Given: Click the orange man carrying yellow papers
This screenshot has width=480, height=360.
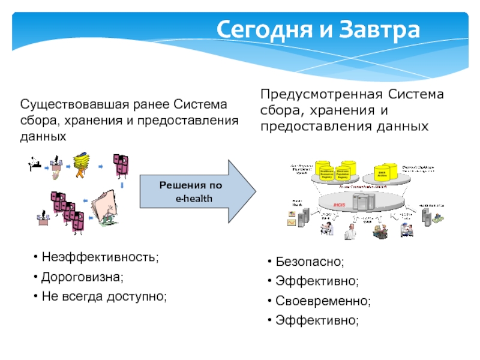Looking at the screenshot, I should coord(80,165).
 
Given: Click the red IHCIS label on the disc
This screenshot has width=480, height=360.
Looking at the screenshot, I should coord(340,206).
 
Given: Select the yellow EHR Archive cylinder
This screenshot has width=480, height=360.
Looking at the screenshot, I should coord(382,172).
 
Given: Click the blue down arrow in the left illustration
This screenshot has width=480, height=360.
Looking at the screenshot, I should coord(122,185).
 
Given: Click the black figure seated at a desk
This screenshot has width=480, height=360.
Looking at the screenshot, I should coord(35,163).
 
